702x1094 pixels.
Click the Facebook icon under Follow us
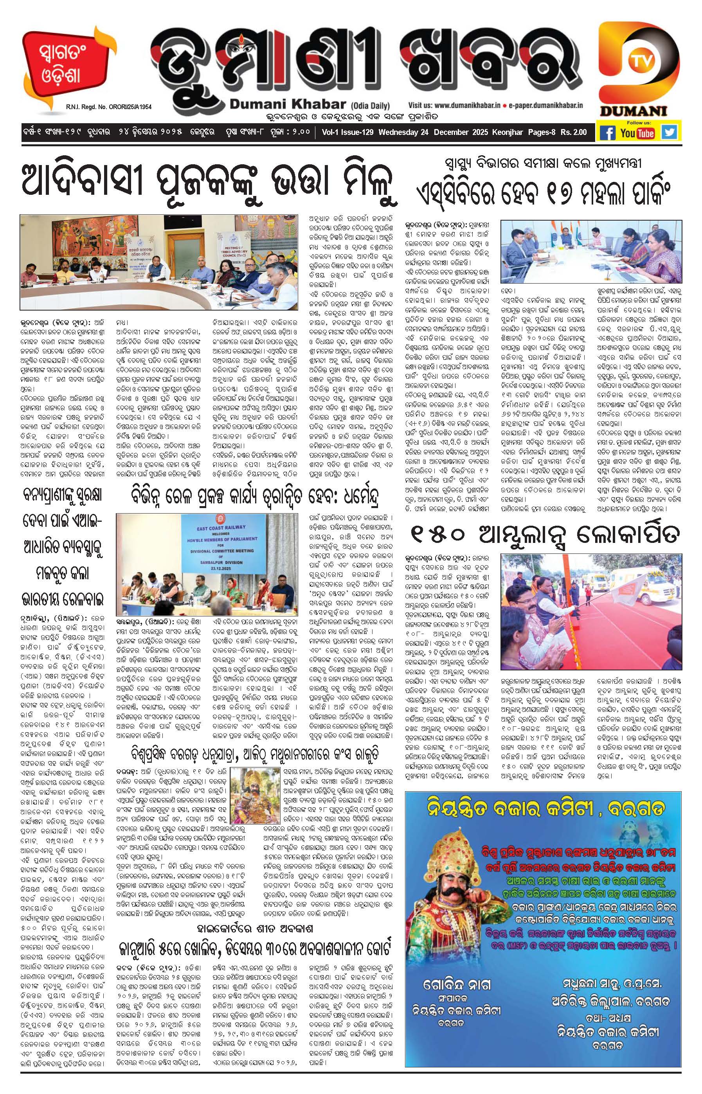tap(607, 133)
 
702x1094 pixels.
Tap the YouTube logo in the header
tap(637, 133)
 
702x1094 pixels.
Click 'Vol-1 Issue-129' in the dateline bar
tap(347, 132)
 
